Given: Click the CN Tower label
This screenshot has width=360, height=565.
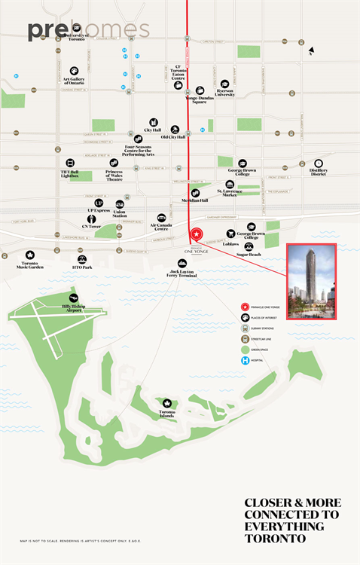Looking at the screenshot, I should pos(92,226).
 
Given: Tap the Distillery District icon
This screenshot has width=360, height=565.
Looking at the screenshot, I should pos(319,163).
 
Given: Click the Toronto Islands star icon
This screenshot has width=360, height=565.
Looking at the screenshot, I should pos(167,404).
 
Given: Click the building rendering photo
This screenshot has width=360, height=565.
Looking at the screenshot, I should pos(311,281).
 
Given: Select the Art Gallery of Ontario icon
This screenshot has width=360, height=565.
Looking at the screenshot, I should pos(75,72).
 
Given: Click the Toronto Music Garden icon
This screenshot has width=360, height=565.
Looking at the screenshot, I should pos(30,255).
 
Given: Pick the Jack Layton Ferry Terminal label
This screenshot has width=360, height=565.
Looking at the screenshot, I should pos(182,273).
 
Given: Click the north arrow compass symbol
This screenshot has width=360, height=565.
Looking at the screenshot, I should pos(310,52).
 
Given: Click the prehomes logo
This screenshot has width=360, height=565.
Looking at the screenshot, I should pos(89,31).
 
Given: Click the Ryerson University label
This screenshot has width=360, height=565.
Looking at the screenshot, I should pos(224,93).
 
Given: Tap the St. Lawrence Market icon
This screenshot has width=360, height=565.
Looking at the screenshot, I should pos(230,184).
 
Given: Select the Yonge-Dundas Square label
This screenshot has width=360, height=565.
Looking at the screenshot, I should pos(200,99).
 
